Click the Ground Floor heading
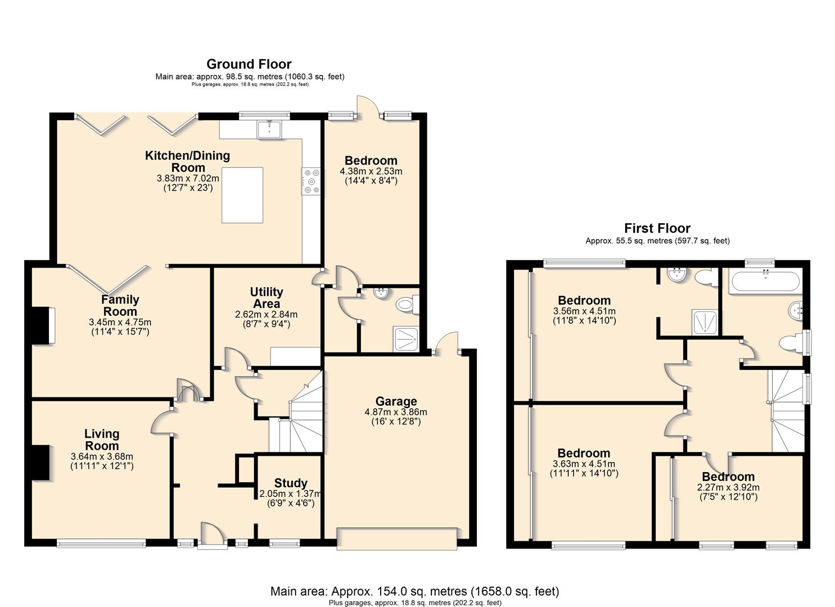coord(249,64)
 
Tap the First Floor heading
coord(657,228)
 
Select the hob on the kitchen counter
coord(312,182)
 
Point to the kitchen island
coord(242,195)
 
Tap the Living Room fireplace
coord(40,463)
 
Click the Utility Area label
coord(267,297)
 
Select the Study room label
coord(291,483)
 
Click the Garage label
coord(396,401)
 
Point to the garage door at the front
coord(397,538)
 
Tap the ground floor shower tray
coord(407,339)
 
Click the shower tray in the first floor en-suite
coord(705,321)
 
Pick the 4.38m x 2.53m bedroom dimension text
coord(371,171)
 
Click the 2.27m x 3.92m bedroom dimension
coord(728,487)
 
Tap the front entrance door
coord(213,536)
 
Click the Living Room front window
coord(101,544)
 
